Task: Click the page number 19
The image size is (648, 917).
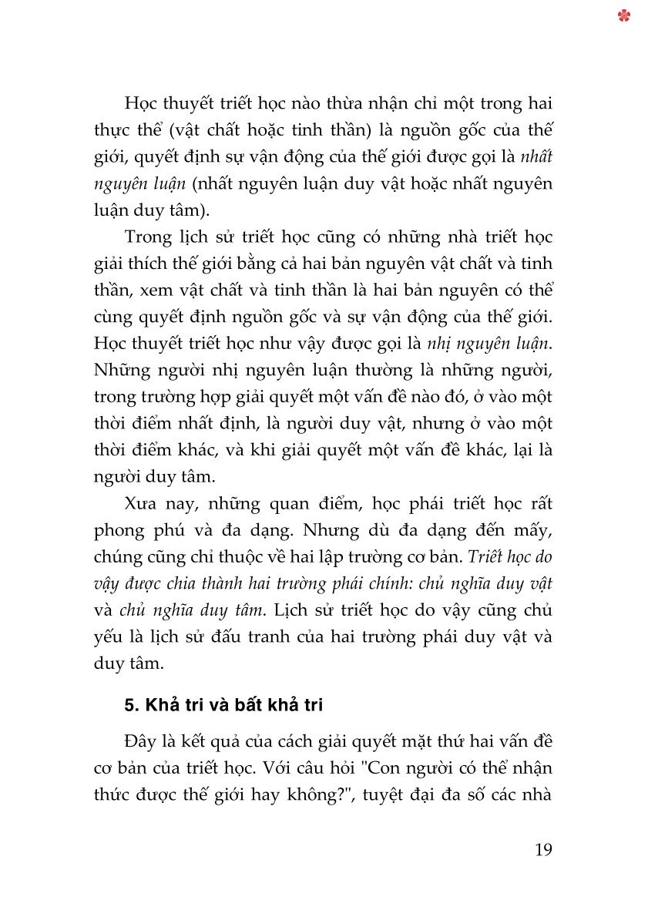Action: coord(542,850)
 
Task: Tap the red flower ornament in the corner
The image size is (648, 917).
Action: coord(624,15)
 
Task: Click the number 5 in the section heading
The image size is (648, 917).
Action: coord(129,705)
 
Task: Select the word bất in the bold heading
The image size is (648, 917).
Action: coord(253,705)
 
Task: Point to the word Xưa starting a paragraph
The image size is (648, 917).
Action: coord(141,503)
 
